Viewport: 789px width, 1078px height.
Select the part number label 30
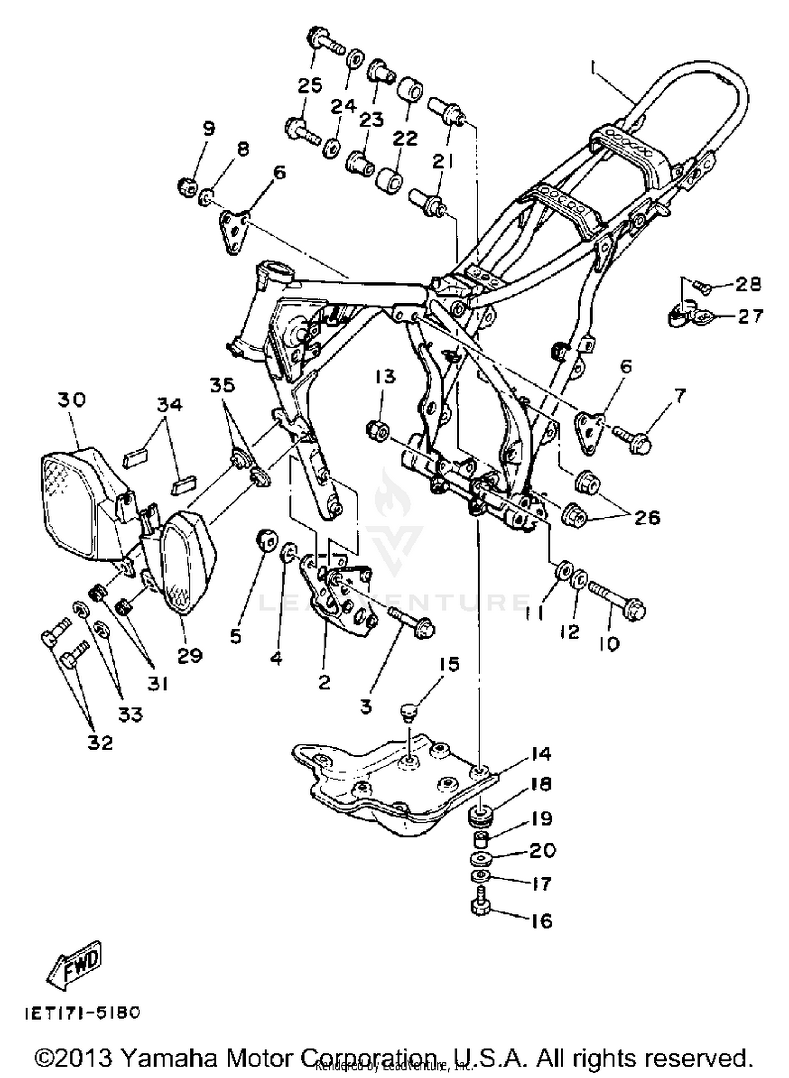72,400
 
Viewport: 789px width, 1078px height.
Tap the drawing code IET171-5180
83,1013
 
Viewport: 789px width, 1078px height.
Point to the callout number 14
541,754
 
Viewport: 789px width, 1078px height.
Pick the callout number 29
190,655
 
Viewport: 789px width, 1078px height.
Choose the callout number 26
646,517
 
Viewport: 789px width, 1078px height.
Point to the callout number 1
593,67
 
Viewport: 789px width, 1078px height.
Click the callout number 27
750,317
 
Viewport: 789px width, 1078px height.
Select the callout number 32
100,743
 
